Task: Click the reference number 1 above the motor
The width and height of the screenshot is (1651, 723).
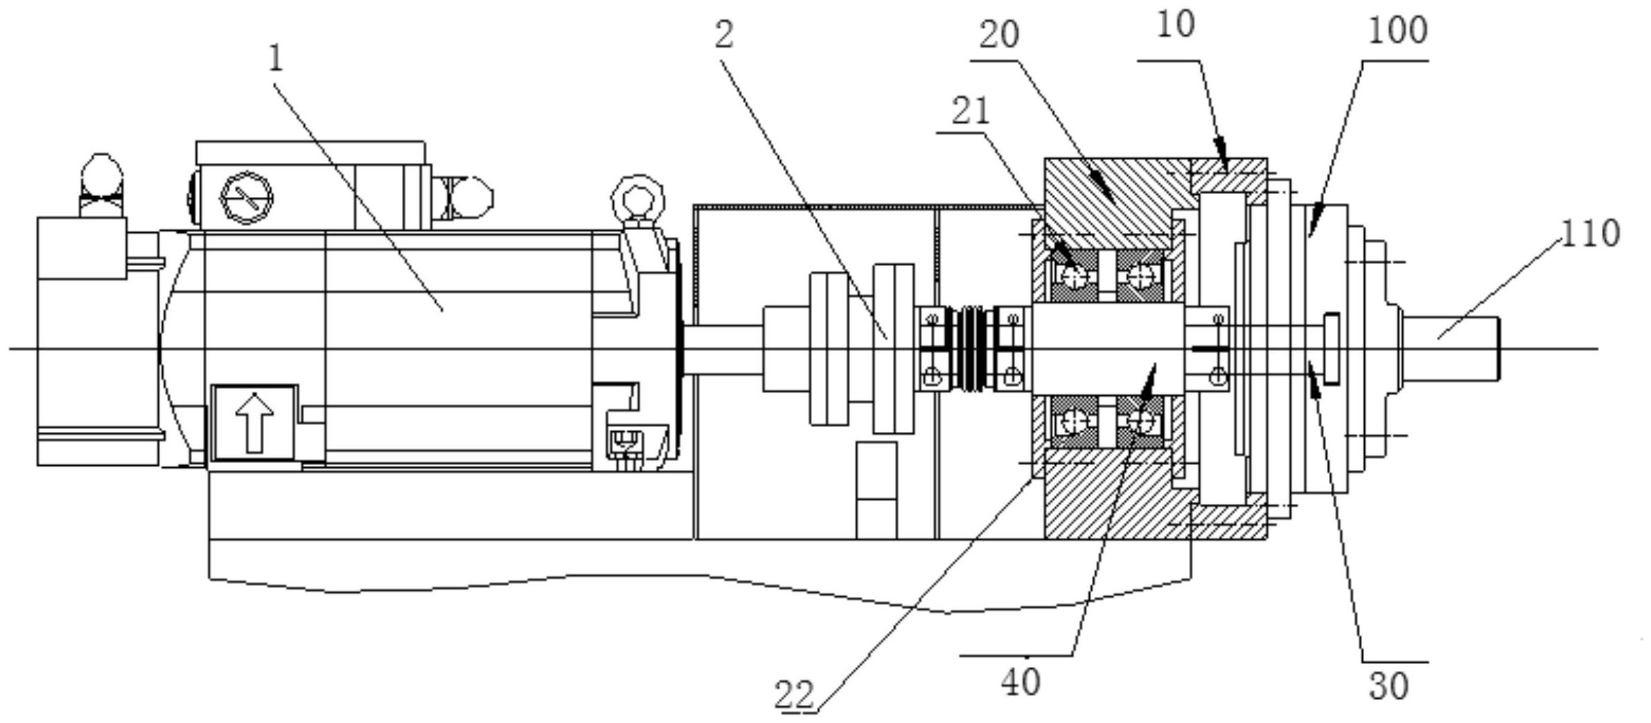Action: (276, 59)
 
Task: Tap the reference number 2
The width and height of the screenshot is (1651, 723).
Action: (723, 35)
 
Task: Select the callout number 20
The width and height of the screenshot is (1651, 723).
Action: (998, 35)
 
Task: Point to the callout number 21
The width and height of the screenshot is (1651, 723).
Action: (971, 111)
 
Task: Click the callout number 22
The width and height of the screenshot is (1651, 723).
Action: (794, 695)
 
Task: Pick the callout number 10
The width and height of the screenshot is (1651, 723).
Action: (1176, 26)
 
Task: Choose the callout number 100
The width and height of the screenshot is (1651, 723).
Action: (1397, 31)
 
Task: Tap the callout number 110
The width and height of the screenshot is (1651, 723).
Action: (1590, 234)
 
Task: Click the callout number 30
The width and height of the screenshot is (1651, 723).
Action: (1389, 686)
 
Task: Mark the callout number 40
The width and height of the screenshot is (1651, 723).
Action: (1021, 683)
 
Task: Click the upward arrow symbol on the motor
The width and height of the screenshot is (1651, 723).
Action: (254, 422)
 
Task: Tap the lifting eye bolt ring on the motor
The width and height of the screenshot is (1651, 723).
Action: (637, 198)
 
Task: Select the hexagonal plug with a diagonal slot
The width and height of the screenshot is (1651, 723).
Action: (246, 198)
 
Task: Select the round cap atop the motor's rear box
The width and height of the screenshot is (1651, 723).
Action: (102, 173)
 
